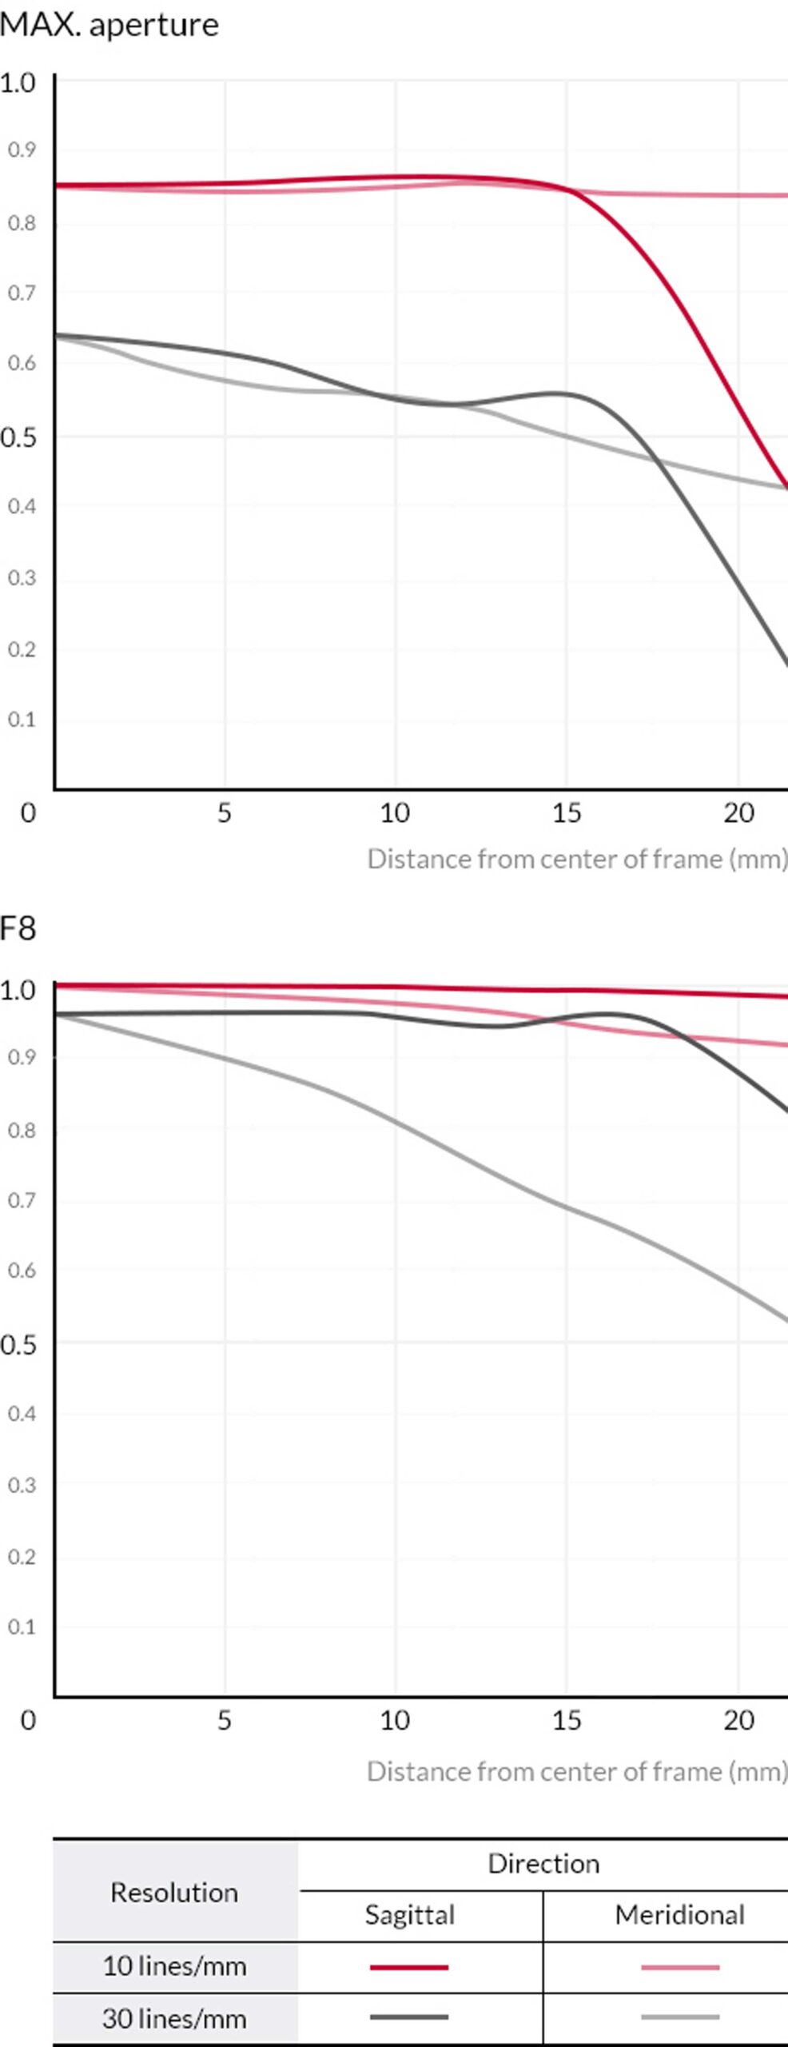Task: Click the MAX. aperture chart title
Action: tap(109, 26)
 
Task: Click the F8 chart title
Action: tap(18, 928)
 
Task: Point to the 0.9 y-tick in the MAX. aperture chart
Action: tap(22, 150)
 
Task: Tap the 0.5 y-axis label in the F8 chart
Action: tap(18, 1345)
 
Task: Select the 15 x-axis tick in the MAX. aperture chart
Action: tap(566, 813)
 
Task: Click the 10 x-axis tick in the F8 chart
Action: tap(394, 1720)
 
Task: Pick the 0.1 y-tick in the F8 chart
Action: tap(22, 1626)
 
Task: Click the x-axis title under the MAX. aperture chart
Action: tap(577, 859)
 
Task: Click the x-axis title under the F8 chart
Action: tap(577, 1771)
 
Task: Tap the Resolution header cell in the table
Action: tap(174, 1892)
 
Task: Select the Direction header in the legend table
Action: tap(543, 1863)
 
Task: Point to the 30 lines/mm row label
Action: tap(174, 2018)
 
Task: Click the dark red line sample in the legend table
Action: tap(409, 1966)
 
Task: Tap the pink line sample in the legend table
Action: tap(679, 1966)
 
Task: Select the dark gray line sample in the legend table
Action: tap(409, 2017)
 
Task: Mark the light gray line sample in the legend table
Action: tap(679, 2017)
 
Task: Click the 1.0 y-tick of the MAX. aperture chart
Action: tap(18, 82)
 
